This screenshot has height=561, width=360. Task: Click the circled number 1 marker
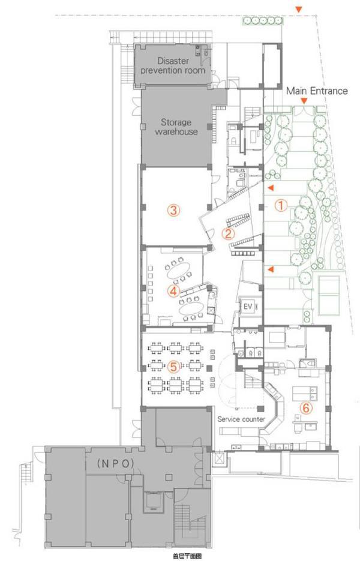coord(281,205)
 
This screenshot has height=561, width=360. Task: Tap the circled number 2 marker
coord(228,233)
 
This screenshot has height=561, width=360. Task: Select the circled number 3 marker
coord(173,210)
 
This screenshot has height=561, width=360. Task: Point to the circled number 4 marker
coord(173,291)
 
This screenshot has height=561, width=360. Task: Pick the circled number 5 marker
coord(173,366)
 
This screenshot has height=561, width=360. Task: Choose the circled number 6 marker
coord(306,408)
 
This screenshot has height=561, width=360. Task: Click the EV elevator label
coord(248,307)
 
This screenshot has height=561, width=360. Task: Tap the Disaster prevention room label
coord(173,65)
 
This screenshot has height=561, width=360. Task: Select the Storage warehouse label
coord(176,127)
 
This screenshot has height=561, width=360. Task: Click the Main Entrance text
coord(317,91)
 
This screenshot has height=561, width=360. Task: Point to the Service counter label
coord(241,419)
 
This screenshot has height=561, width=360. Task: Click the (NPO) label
coord(116,464)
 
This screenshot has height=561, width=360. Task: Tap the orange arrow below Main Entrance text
coord(304,101)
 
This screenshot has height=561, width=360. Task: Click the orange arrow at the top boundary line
coord(298,10)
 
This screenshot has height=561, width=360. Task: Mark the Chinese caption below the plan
coord(187,556)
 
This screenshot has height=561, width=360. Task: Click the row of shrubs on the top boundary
coord(263,21)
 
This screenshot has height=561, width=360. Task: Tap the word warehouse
coord(176,131)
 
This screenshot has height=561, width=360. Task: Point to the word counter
coord(253,419)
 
